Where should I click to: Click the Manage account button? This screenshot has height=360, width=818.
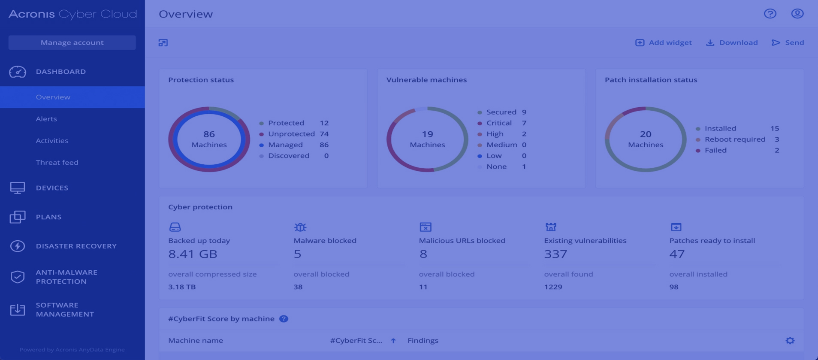[72, 42]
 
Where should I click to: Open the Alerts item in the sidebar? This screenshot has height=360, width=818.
[46, 119]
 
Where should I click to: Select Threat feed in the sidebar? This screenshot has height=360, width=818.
[57, 162]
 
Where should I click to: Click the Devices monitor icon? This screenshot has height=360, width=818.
[18, 188]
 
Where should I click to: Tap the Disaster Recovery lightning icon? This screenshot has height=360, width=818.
[18, 246]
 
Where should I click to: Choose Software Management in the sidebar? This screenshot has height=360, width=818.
[65, 309]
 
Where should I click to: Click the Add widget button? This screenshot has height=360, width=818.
[664, 42]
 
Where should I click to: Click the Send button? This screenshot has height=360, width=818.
[788, 42]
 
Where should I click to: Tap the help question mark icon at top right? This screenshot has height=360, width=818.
[770, 14]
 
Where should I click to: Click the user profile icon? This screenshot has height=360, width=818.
[797, 14]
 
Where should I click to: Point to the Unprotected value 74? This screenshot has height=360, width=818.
[324, 134]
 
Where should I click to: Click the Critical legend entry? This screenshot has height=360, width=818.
[499, 123]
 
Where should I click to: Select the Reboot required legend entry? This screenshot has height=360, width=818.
[735, 139]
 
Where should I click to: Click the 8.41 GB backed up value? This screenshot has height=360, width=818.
[193, 254]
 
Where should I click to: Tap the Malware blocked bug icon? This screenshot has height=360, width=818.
[300, 227]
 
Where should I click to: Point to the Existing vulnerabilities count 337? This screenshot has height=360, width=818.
[556, 254]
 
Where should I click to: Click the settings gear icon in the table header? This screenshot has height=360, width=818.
[790, 341]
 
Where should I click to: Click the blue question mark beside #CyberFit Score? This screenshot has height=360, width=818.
[284, 319]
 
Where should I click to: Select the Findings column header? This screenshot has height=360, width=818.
[423, 341]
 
